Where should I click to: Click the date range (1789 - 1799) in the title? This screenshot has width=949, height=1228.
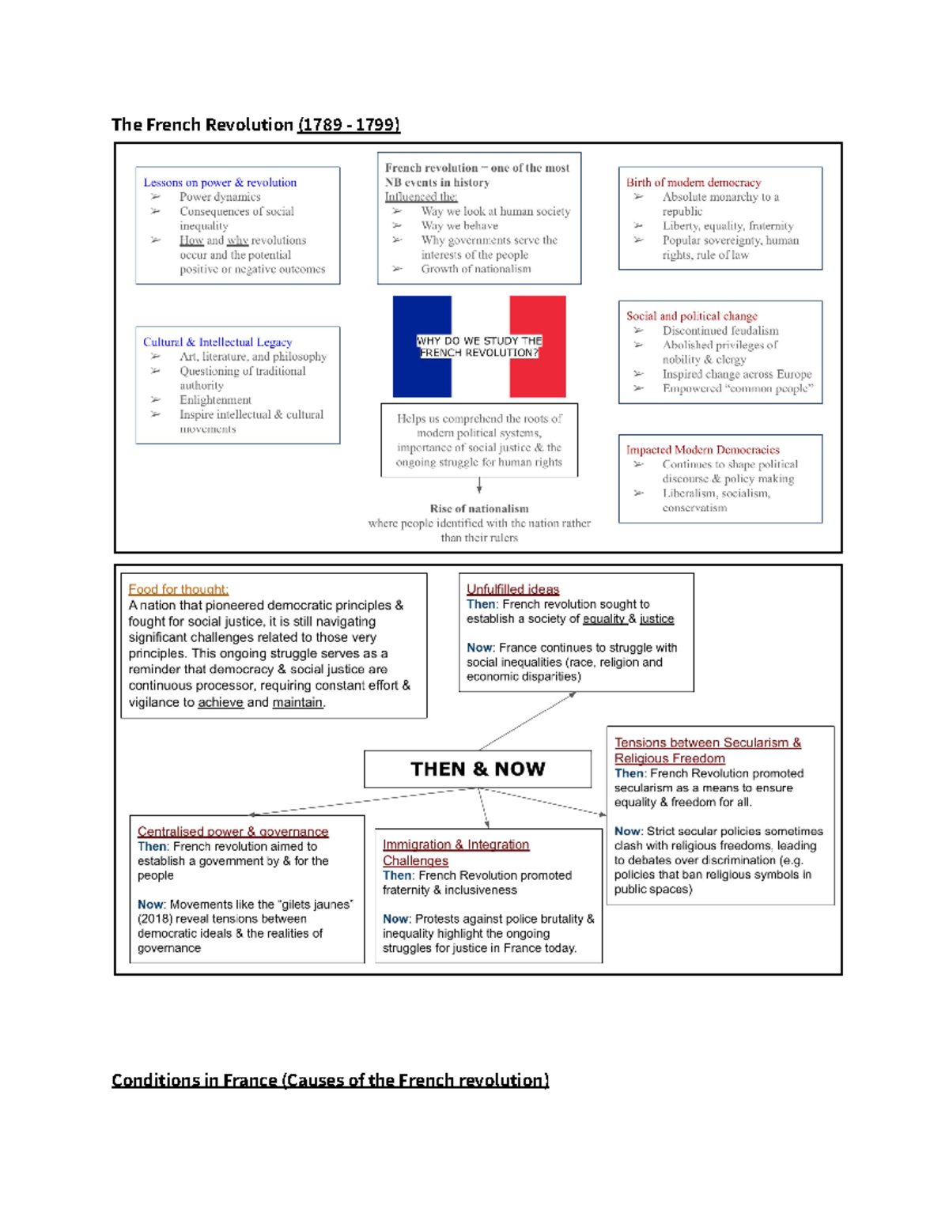point(349,125)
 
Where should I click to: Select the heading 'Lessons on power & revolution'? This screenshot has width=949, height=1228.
point(220,183)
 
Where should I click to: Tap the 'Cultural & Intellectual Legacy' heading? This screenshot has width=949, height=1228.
point(217,342)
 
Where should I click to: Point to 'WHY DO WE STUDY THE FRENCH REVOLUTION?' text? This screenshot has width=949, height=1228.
point(479,346)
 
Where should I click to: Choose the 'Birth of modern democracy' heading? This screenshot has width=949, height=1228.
point(694,183)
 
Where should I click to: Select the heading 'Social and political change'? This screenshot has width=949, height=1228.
point(692,316)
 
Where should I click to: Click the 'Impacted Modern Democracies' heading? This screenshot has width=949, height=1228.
point(703,450)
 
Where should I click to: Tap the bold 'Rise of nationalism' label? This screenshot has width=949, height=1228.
point(479,508)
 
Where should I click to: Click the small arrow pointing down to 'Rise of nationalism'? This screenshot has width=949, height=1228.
point(479,486)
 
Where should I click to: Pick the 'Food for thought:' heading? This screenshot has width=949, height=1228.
point(179,589)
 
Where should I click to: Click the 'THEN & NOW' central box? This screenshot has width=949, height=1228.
point(478,769)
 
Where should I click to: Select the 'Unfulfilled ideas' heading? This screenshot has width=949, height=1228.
point(512,589)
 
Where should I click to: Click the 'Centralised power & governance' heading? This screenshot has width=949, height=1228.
point(233,832)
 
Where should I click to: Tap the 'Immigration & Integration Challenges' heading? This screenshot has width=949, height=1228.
point(456,852)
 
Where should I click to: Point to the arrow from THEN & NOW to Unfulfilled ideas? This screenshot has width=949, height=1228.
point(527,721)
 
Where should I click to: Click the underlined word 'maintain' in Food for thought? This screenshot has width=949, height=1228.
point(297,702)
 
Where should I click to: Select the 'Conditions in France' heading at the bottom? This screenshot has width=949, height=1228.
point(330,1080)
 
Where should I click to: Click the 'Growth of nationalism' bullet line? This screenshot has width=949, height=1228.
point(476,269)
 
